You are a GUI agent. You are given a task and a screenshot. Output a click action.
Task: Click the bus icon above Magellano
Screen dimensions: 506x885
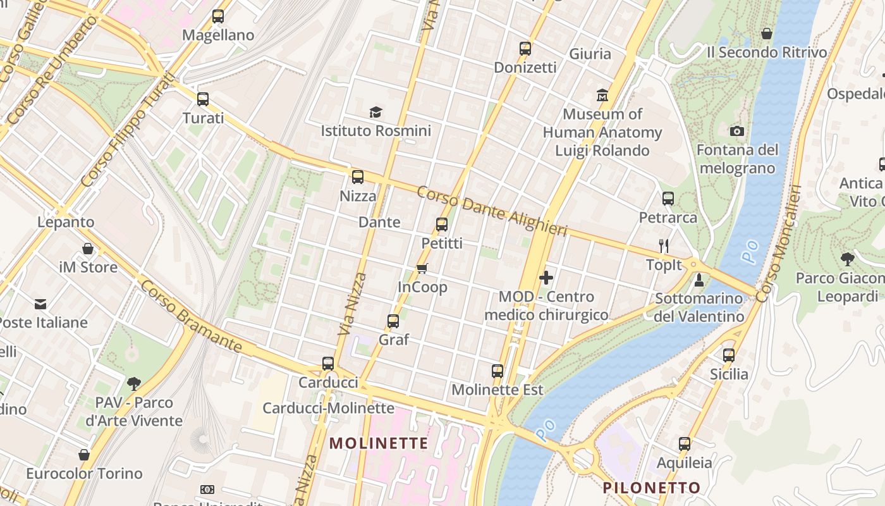click(x=218, y=16)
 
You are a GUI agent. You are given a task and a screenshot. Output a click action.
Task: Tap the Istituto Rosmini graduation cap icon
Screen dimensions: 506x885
click(x=376, y=113)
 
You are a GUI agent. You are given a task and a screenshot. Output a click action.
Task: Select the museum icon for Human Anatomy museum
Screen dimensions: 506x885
click(x=602, y=96)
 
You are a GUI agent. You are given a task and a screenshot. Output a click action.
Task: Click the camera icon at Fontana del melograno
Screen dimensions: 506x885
click(x=737, y=132)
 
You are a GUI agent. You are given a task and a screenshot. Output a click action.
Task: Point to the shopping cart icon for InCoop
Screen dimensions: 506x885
click(x=422, y=269)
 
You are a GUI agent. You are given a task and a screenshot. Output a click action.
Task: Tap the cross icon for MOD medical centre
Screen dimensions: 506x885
click(x=546, y=278)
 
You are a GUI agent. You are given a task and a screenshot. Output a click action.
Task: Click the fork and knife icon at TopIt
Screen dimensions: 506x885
click(x=664, y=246)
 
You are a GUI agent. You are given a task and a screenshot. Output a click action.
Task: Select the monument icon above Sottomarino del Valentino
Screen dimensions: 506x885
click(x=699, y=280)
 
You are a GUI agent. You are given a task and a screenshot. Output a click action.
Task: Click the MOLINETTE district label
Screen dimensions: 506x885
click(x=379, y=443)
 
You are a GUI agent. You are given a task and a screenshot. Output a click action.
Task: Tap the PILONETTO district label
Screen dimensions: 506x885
click(x=651, y=488)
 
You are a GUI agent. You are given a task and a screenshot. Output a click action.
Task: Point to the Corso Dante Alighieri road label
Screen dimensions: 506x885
click(x=492, y=211)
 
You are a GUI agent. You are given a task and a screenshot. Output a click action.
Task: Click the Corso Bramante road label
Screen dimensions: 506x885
click(x=191, y=317)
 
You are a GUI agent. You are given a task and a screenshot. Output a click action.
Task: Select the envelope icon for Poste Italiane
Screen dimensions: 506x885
click(x=41, y=304)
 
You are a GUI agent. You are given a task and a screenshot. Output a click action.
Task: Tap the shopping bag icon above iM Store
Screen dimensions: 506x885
click(x=88, y=249)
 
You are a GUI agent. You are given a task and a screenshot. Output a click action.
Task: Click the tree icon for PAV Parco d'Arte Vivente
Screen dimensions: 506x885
click(x=134, y=383)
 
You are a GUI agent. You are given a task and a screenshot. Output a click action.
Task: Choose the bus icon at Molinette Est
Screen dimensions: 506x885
click(x=497, y=371)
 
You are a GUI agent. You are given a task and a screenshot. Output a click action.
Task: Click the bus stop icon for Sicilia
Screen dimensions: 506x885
click(x=729, y=355)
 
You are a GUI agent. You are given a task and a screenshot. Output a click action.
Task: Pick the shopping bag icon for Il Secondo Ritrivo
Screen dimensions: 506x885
click(x=767, y=34)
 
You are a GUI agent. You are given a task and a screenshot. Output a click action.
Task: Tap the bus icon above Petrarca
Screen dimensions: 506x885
click(x=668, y=199)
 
